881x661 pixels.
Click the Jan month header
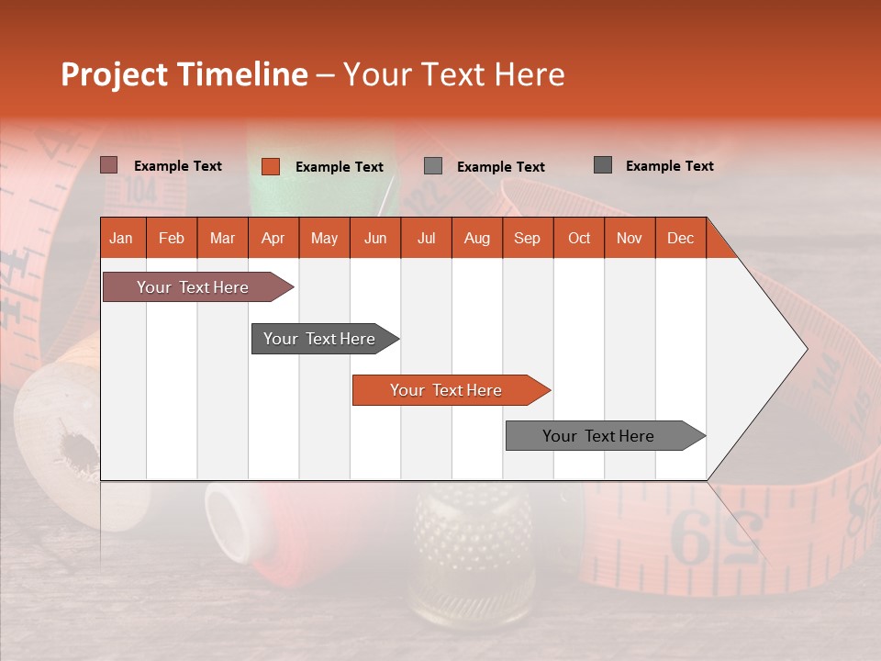click(x=122, y=238)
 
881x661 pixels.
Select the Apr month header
click(x=273, y=238)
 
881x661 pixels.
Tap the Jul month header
click(x=426, y=238)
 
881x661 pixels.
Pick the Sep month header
click(x=527, y=238)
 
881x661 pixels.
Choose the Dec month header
click(x=680, y=238)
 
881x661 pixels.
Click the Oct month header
click(x=578, y=238)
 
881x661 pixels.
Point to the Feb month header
click(x=172, y=238)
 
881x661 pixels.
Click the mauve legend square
click(x=109, y=165)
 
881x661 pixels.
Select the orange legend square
click(x=271, y=166)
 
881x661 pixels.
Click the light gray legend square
click(x=433, y=166)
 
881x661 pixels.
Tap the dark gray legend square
click(x=603, y=165)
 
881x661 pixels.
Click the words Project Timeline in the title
click(x=184, y=74)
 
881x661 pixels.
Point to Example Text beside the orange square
click(x=339, y=167)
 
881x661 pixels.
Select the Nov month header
click(x=629, y=238)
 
